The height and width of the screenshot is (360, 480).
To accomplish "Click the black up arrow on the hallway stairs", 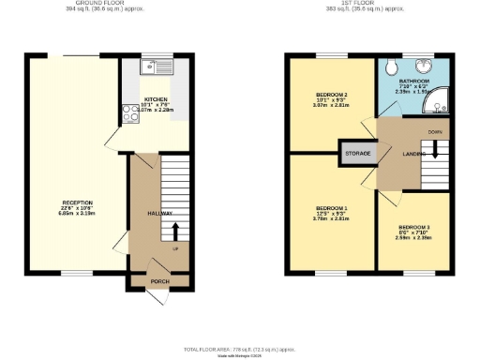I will pyautogui.click(x=175, y=229).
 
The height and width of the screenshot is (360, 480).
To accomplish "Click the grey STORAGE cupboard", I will pyautogui.click(x=358, y=152).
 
